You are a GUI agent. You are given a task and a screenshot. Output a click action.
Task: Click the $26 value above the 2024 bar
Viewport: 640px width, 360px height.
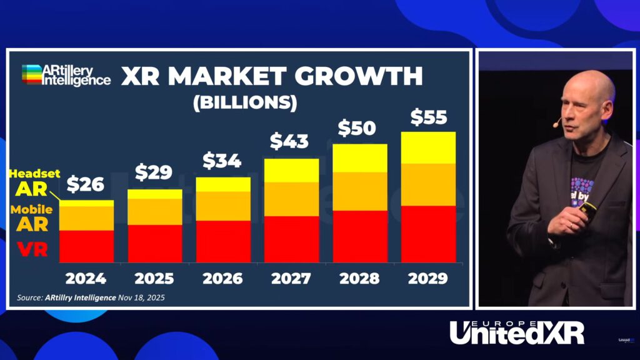point(86,184)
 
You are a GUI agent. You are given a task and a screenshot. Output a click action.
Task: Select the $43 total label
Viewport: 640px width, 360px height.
point(289,142)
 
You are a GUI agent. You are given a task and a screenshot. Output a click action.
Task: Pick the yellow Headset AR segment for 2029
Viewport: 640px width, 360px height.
point(427,148)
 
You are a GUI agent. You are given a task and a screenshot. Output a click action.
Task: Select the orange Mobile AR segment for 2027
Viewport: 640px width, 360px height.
point(291,199)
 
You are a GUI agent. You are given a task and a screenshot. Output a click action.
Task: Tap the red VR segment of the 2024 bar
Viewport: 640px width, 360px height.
point(86,246)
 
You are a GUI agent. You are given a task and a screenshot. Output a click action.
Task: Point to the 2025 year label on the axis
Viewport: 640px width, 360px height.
point(154,279)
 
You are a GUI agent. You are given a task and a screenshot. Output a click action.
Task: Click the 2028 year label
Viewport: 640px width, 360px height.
point(359,279)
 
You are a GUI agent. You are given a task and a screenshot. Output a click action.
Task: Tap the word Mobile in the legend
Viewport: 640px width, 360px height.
point(31,210)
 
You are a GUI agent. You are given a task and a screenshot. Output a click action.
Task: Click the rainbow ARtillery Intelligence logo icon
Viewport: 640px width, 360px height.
point(31,74)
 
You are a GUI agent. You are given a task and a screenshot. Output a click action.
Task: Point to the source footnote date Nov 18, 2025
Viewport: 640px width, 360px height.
point(142,297)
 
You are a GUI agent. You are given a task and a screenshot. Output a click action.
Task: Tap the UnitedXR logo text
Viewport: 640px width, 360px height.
point(516,333)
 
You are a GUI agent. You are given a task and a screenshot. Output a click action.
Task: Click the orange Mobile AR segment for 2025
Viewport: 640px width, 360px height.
point(154,212)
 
